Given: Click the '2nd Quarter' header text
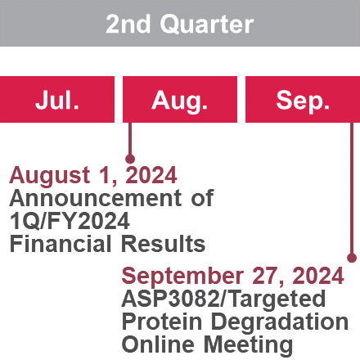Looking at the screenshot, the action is pyautogui.click(x=180, y=24).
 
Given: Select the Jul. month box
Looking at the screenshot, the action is pyautogui.click(x=57, y=99).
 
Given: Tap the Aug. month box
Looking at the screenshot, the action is pyautogui.click(x=180, y=99).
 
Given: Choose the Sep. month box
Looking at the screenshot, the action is pyautogui.click(x=303, y=99).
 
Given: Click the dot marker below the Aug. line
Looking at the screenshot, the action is pyautogui.click(x=130, y=159).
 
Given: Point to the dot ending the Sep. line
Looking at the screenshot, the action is pyautogui.click(x=352, y=258).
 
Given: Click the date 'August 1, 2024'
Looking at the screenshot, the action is pyautogui.click(x=93, y=175).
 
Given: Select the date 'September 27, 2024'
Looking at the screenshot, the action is pyautogui.click(x=232, y=276).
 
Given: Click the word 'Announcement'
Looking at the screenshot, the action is pyautogui.click(x=96, y=198).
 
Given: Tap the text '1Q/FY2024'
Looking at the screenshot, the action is pyautogui.click(x=70, y=221).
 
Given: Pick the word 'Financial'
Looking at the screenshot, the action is pyautogui.click(x=61, y=244).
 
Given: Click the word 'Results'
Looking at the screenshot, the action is pyautogui.click(x=163, y=244).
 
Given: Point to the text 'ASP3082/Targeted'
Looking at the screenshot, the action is pyautogui.click(x=223, y=299).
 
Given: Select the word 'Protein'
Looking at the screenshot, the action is pyautogui.click(x=162, y=322).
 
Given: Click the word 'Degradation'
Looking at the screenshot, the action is pyautogui.click(x=280, y=322).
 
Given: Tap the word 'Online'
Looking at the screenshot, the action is pyautogui.click(x=158, y=344).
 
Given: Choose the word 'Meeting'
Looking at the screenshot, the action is pyautogui.click(x=249, y=345).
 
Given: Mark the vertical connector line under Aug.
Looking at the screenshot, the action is pyautogui.click(x=130, y=138).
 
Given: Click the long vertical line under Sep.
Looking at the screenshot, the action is pyautogui.click(x=352, y=188).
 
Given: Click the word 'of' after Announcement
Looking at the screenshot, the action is pyautogui.click(x=202, y=198).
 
